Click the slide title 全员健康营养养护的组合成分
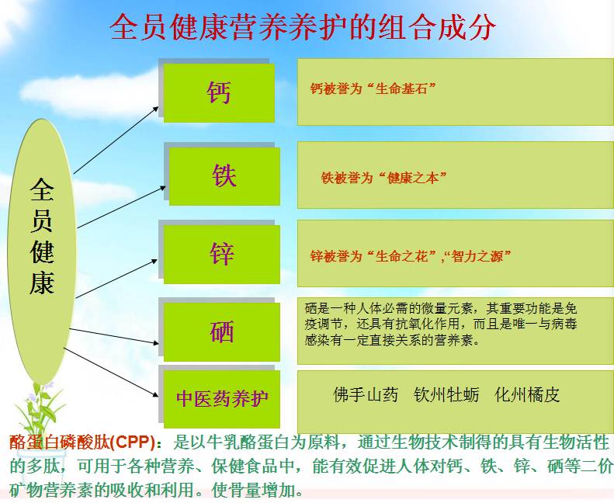[303, 28]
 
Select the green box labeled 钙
[219, 92]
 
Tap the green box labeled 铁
[224, 175]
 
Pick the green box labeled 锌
[222, 254]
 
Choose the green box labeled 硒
[222, 332]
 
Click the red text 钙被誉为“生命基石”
[373, 89]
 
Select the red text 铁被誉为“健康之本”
[384, 178]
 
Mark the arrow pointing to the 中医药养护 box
[113, 372]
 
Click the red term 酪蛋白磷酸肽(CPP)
[82, 443]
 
